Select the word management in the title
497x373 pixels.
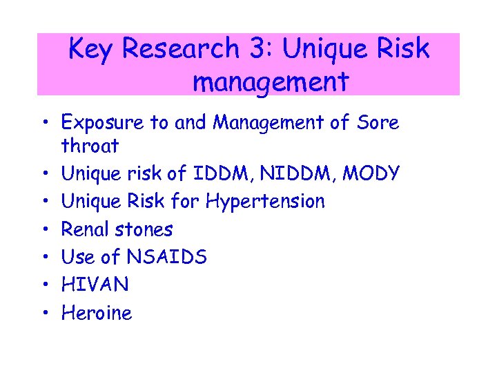click(x=270, y=83)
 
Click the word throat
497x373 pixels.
click(x=90, y=146)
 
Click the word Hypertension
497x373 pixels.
click(x=264, y=202)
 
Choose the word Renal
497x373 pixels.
click(x=85, y=229)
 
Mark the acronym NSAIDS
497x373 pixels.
click(x=166, y=257)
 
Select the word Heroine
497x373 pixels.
click(x=97, y=313)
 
